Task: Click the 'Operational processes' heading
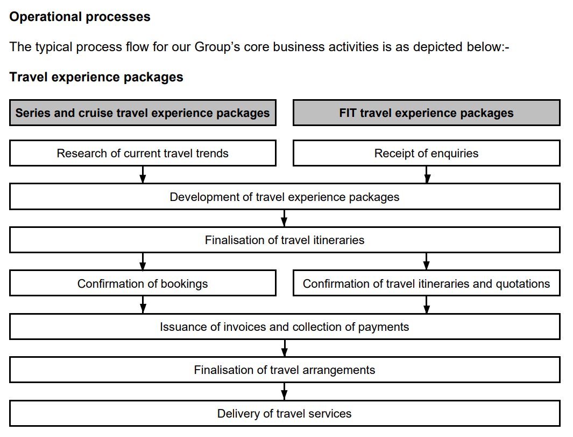tap(80, 17)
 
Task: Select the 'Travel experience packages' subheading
tap(96, 77)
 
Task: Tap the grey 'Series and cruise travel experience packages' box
tap(143, 113)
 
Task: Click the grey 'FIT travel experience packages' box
tap(426, 113)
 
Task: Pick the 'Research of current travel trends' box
tap(143, 154)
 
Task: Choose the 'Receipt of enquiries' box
tap(426, 154)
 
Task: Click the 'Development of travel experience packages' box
tap(285, 197)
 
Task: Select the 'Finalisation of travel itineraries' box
tap(285, 240)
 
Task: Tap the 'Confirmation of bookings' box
tap(143, 283)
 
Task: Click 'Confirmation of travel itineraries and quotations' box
tap(426, 283)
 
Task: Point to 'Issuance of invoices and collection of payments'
tap(285, 327)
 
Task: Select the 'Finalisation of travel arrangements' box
tap(285, 370)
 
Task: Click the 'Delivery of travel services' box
tap(285, 413)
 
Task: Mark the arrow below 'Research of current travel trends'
tap(143, 175)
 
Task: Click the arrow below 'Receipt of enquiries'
tap(426, 175)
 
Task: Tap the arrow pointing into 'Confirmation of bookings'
tap(143, 261)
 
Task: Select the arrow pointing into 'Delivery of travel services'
tap(285, 391)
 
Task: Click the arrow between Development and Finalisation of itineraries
tap(285, 218)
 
